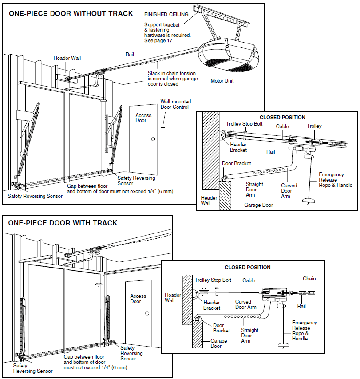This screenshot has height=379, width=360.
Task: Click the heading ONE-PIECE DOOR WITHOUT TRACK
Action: [x=71, y=14]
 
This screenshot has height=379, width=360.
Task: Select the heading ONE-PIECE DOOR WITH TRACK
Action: [x=63, y=223]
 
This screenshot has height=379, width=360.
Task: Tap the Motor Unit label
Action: [x=222, y=81]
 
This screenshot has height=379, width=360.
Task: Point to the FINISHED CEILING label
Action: [x=166, y=14]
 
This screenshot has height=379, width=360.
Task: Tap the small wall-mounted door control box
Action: [x=163, y=124]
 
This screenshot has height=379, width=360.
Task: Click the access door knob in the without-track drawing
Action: [x=153, y=139]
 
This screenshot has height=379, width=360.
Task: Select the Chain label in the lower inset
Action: [x=309, y=279]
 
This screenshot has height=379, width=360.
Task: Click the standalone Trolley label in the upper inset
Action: [x=314, y=126]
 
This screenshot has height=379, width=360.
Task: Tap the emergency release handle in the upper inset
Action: [x=309, y=201]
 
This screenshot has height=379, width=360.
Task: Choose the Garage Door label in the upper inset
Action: [x=258, y=205]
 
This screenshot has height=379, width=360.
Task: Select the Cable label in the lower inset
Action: [x=249, y=280]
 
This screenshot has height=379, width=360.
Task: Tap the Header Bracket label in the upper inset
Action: [x=238, y=147]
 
